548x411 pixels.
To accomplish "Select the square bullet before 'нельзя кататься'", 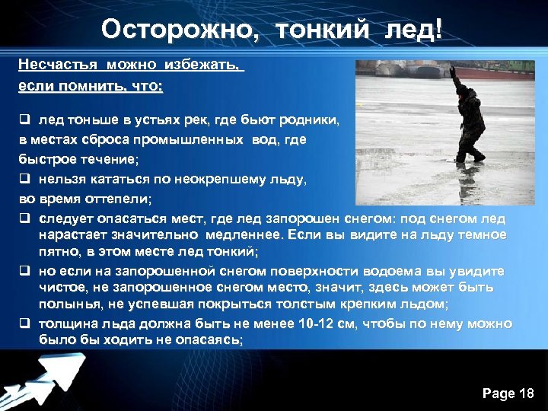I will tap(24, 179).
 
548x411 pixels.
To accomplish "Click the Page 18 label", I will tap(508, 393).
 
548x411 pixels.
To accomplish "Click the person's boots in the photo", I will tap(469, 156).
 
